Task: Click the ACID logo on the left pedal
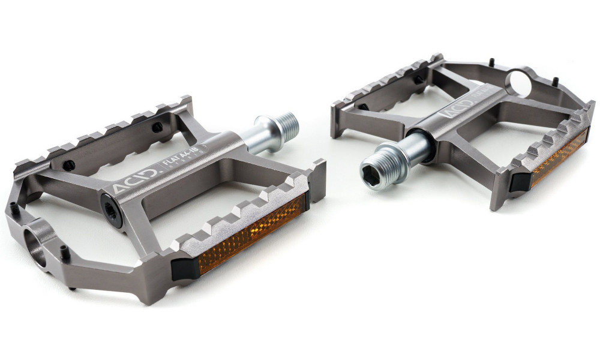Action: tap(136, 181)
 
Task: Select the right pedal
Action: tap(468, 120)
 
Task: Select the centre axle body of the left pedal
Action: tap(180, 174)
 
